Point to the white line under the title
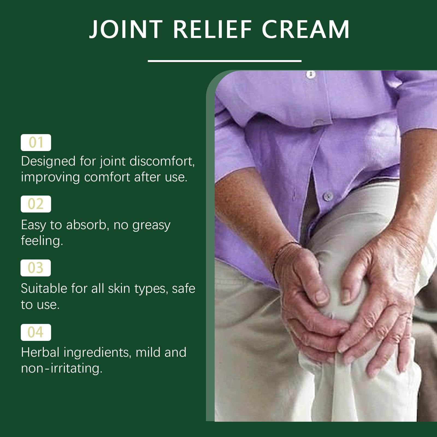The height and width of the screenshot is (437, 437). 225,61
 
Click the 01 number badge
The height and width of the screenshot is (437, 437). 36,143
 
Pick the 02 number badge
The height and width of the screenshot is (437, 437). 36,204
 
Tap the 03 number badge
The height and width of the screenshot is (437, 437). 36,268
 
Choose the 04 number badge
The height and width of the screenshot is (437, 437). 36,332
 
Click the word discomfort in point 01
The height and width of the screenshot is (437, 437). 162,161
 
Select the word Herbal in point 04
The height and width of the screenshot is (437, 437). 40,352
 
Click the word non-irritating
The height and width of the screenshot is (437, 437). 62,368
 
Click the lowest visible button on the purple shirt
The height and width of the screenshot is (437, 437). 328,195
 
